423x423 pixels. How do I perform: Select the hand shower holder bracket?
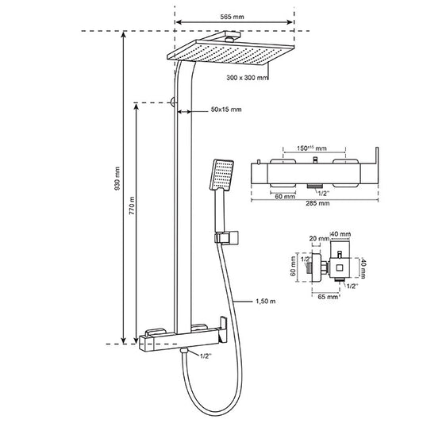click(x=229, y=236)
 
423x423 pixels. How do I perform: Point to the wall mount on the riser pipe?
click(x=172, y=102)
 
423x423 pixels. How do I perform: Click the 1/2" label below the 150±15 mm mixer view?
click(x=324, y=193)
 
